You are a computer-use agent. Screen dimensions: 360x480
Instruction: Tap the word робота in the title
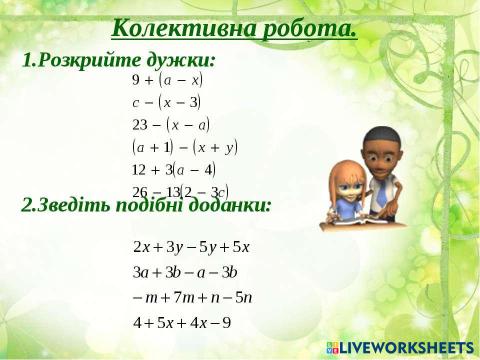(305, 28)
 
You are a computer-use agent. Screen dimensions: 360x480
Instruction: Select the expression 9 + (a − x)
(167, 79)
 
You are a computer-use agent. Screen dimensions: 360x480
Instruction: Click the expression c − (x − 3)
(167, 102)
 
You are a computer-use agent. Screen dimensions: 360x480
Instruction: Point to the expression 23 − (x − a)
(171, 125)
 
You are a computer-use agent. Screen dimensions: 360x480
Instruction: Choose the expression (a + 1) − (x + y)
(184, 147)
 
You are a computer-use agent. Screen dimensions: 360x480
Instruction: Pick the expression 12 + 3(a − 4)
(173, 169)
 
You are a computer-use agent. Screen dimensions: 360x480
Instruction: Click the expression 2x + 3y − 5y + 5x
(191, 246)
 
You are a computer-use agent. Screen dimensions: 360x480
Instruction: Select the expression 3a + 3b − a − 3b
(185, 271)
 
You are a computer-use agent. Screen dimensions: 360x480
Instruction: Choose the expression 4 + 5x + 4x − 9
(182, 322)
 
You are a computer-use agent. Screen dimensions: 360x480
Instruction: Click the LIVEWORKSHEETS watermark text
(405, 347)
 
